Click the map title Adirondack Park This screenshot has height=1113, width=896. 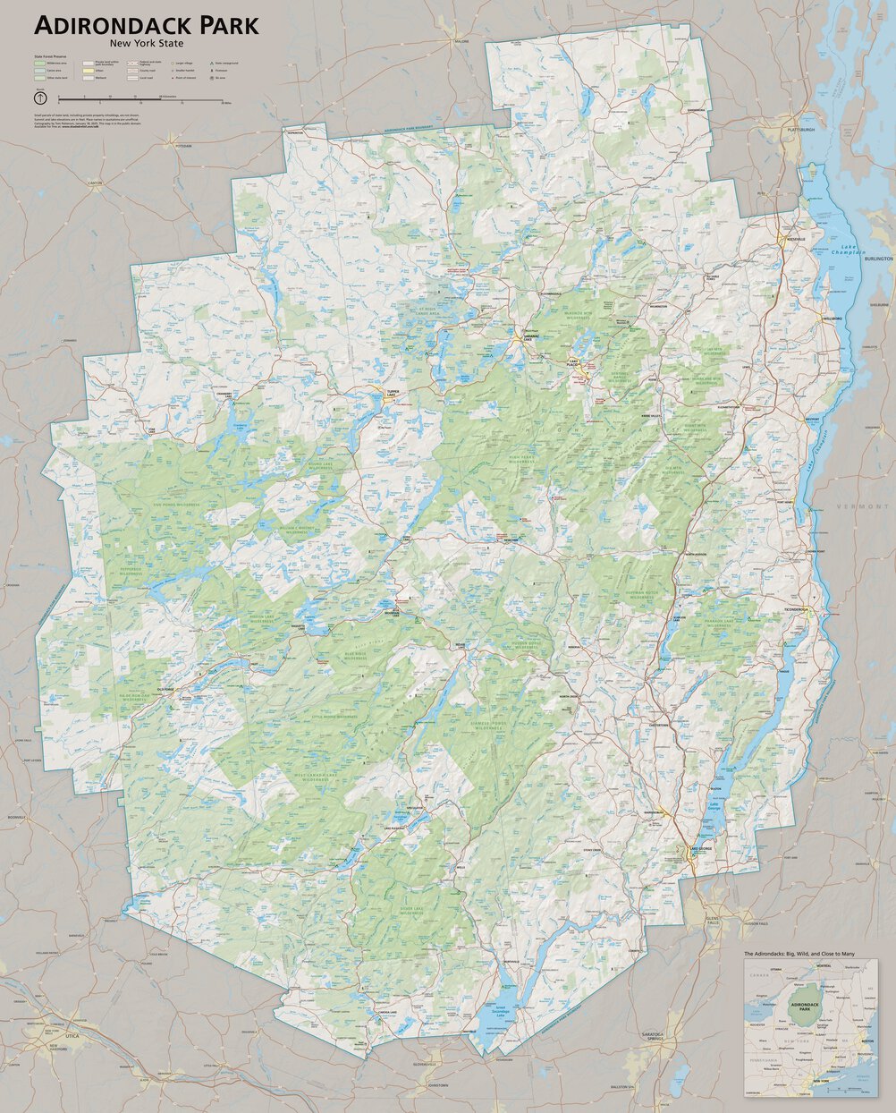147,26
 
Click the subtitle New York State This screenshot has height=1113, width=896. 147,43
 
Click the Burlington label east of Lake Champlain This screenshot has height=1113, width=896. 879,259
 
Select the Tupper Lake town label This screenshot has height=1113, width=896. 393,393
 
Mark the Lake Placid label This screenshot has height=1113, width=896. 573,362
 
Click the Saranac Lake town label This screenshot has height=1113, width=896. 528,338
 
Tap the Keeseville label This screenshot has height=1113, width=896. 796,240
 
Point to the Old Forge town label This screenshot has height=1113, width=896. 165,689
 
